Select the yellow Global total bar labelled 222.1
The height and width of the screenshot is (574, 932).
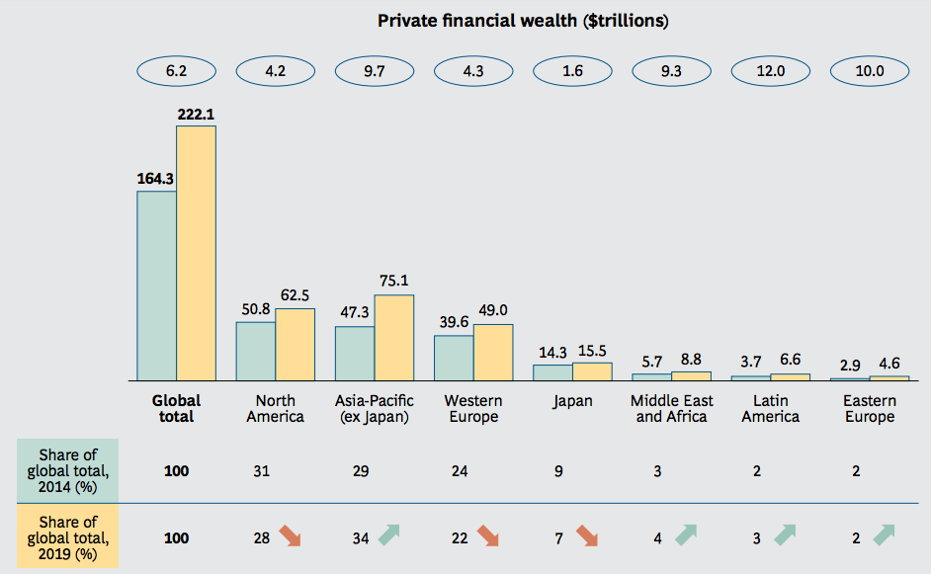(196, 253)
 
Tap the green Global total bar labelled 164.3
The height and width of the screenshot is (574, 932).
(156, 286)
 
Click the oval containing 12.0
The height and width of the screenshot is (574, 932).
(770, 71)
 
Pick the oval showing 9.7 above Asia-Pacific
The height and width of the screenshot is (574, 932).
(375, 71)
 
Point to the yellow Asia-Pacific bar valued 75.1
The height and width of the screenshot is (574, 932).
(394, 337)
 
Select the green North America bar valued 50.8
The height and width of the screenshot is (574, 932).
(255, 351)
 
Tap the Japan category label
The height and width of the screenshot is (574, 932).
(572, 401)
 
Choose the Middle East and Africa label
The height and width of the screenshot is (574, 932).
(671, 409)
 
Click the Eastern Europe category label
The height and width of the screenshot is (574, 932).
(869, 409)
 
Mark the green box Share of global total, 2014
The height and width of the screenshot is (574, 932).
(67, 470)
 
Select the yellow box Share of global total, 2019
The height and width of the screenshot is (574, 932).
(67, 537)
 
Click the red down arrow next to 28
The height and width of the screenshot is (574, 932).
(291, 536)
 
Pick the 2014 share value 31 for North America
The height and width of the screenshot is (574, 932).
(262, 471)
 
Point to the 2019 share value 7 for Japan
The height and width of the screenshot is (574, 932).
(558, 538)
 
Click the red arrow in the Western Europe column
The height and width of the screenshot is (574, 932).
(488, 536)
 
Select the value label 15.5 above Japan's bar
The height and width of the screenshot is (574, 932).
(592, 351)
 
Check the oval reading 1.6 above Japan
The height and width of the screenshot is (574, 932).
(572, 71)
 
